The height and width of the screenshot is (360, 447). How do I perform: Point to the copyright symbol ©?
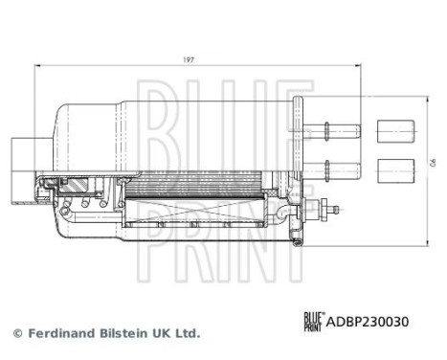15,333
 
